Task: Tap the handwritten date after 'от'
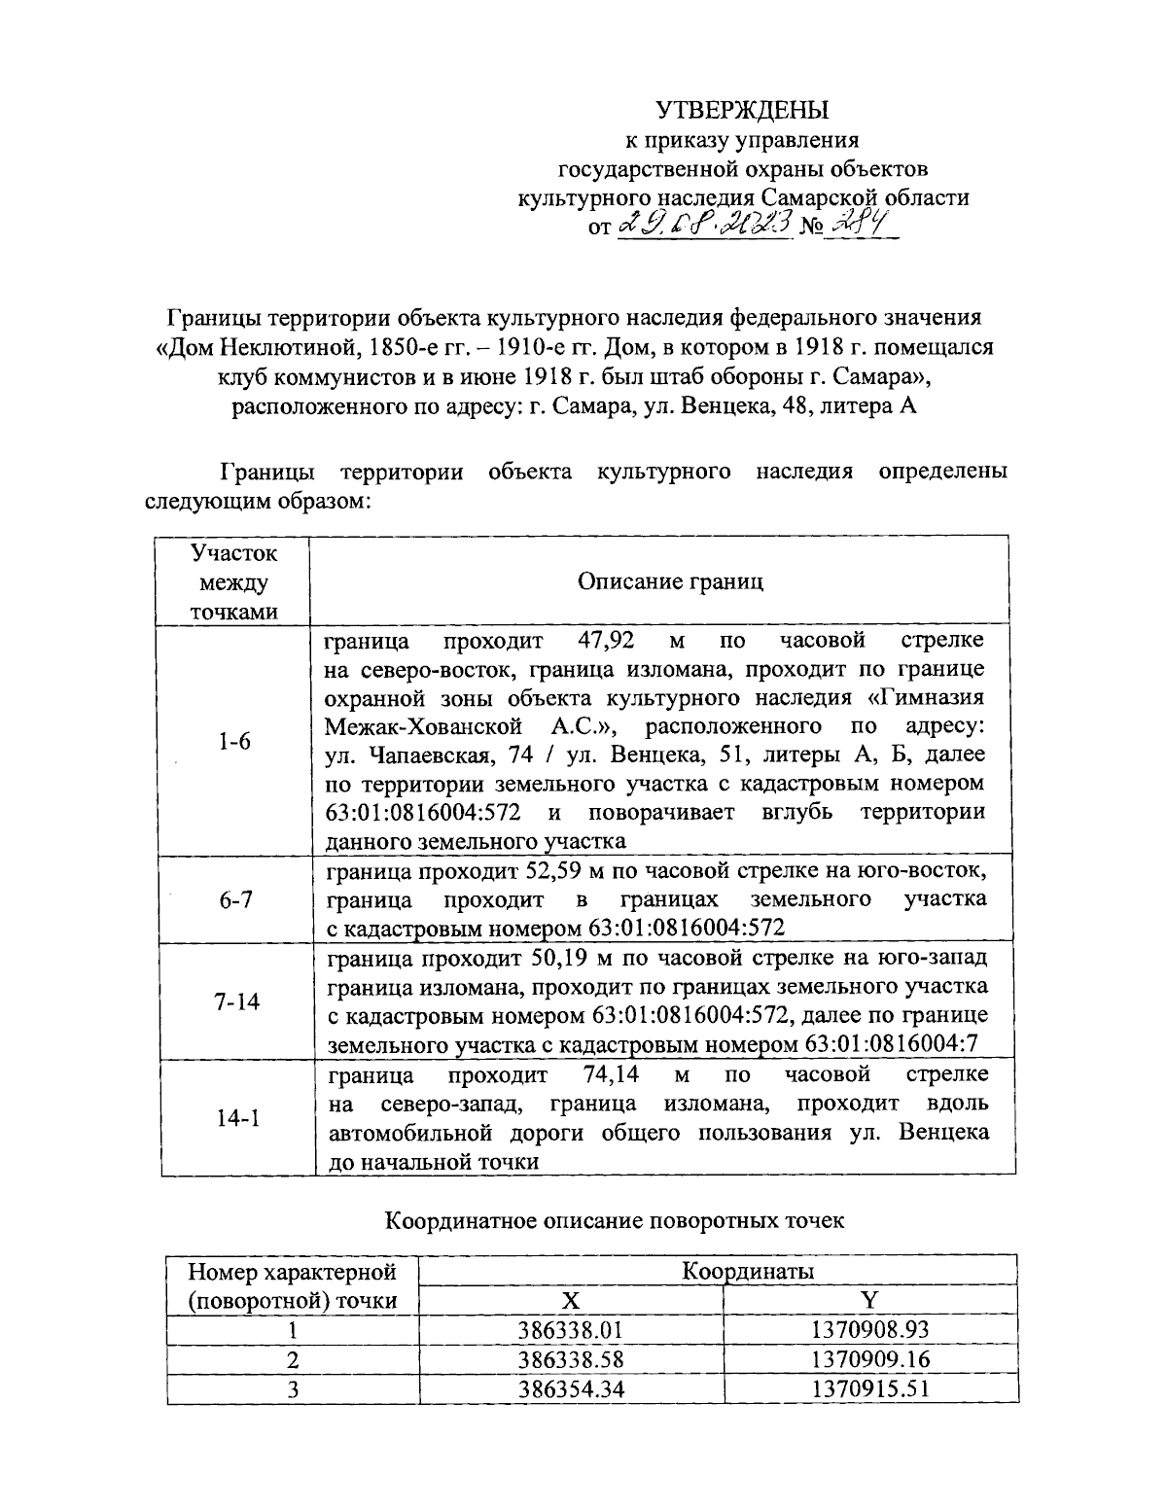pos(702,227)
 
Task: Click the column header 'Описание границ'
pos(670,581)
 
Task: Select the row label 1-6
pos(233,741)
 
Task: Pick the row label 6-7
pos(234,899)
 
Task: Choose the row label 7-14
pos(236,1001)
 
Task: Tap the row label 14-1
pos(237,1118)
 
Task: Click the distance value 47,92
pos(593,641)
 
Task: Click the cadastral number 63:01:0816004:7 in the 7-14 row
pos(892,1044)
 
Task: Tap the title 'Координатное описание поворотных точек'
pos(615,1220)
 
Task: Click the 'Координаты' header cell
pos(747,1271)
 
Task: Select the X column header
pos(572,1301)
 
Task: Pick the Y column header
pos(870,1301)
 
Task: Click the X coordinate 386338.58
pos(572,1358)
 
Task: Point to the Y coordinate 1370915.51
pos(870,1387)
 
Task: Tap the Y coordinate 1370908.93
pos(870,1329)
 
